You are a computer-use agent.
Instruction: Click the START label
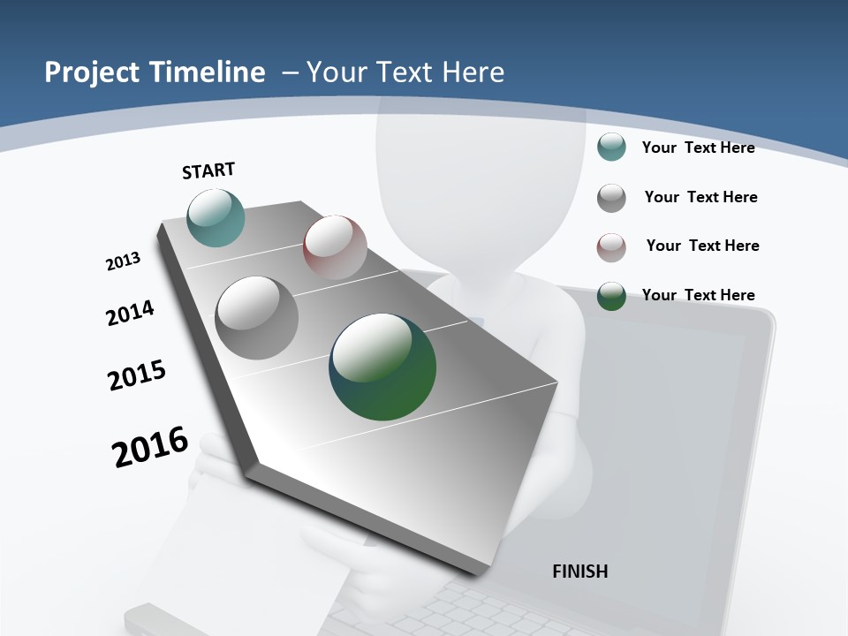[208, 170]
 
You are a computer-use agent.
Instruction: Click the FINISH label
[579, 572]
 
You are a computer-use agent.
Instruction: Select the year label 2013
[123, 261]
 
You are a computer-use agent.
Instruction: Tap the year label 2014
[130, 313]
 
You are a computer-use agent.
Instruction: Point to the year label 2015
[137, 375]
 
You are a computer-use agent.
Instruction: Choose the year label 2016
[150, 446]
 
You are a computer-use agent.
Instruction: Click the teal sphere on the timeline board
[216, 217]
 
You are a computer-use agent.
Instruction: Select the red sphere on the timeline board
[335, 247]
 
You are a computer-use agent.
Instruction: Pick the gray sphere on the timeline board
[257, 318]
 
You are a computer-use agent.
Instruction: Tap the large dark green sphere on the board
[382, 367]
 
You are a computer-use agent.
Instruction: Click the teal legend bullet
[611, 147]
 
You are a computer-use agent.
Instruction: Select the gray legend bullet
[611, 197]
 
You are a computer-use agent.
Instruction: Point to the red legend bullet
[611, 246]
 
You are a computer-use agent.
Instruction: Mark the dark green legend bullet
[611, 296]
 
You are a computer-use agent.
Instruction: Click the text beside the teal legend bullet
[698, 148]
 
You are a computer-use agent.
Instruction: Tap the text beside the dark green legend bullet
[698, 295]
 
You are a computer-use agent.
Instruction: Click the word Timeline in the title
[209, 72]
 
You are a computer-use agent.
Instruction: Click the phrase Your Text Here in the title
[405, 72]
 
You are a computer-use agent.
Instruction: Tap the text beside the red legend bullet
[702, 246]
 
